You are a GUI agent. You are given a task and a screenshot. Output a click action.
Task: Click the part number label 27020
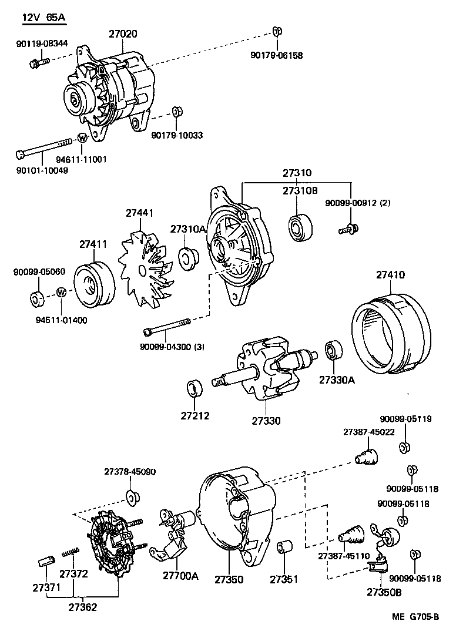[x=123, y=34]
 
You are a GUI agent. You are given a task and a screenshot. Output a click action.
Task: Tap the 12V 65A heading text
[x=43, y=18]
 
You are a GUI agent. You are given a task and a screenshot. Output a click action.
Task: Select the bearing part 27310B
[x=300, y=226]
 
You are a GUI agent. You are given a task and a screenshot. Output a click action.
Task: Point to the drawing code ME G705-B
[x=415, y=617]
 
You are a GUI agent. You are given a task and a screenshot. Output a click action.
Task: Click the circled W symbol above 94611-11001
[x=82, y=139]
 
